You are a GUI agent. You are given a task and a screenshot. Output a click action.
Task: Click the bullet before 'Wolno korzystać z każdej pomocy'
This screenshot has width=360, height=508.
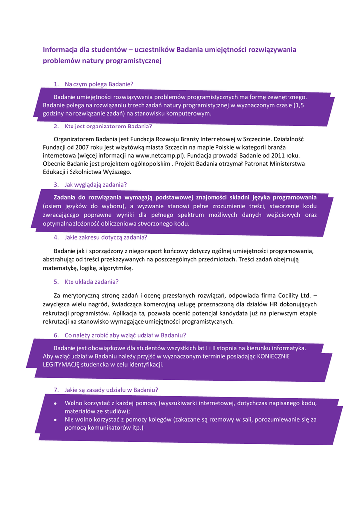tap(55, 403)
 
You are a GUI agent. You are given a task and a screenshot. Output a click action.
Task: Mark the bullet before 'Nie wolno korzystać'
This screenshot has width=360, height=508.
tap(55, 419)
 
